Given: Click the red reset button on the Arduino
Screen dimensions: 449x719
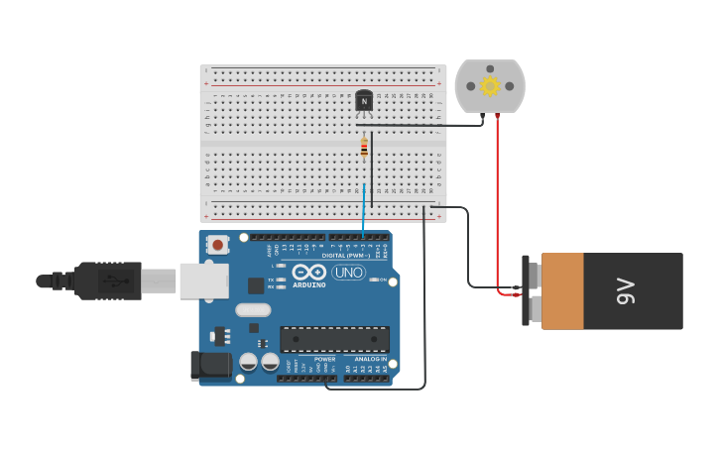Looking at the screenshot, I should (216, 242).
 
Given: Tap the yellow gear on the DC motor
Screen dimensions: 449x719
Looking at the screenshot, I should (489, 86).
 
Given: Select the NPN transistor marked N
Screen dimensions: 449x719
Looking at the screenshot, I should (364, 101).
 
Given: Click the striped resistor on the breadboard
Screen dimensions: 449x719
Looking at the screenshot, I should (364, 148).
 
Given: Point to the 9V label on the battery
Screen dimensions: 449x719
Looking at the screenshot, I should (625, 291).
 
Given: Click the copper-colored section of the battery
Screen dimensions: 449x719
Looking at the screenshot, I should (562, 291).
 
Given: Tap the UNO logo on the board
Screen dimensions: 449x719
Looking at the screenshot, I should (348, 273).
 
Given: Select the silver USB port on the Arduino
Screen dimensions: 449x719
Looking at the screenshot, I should (203, 281).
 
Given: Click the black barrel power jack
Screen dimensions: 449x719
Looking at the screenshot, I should (211, 364).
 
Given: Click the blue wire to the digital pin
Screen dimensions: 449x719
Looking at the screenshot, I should (364, 213).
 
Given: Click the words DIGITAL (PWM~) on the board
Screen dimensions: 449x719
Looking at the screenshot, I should (342, 256).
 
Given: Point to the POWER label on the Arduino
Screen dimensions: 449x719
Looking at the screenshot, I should (324, 359).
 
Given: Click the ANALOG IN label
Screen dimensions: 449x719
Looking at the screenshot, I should (370, 359).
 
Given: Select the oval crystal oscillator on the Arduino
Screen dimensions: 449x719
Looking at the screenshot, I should (253, 309).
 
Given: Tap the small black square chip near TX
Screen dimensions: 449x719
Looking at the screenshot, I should (256, 285).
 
